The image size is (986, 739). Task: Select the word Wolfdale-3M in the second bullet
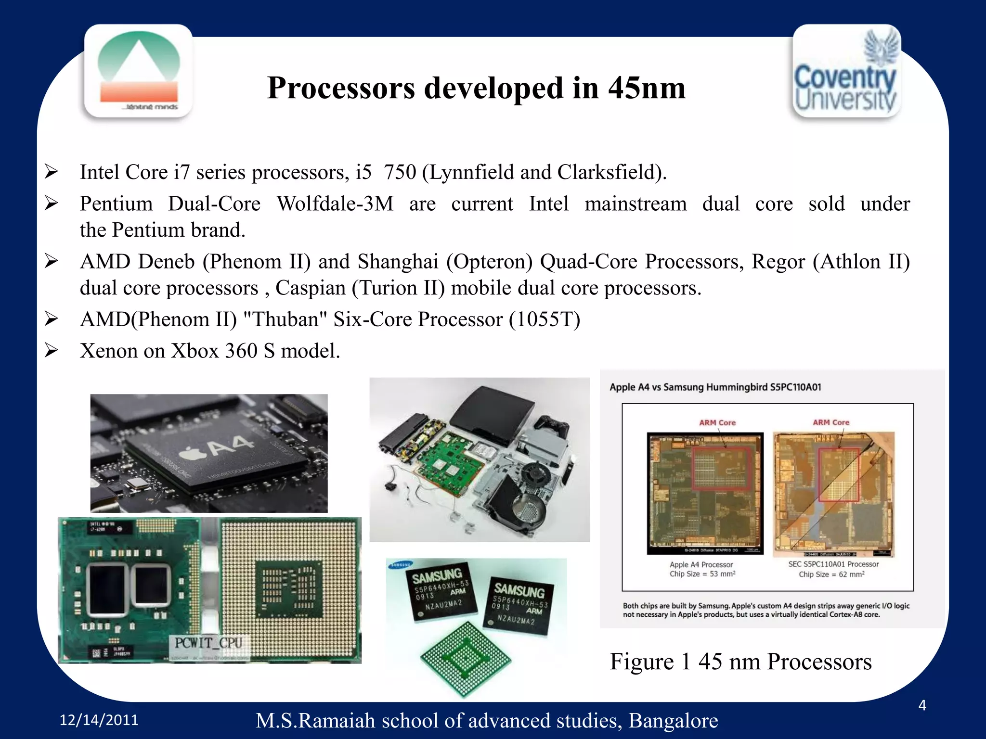point(335,204)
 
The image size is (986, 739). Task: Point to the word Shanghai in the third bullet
point(398,262)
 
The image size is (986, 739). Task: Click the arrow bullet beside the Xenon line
point(52,350)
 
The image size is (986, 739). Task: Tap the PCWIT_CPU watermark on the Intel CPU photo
point(208,643)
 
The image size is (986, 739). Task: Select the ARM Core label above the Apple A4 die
point(717,422)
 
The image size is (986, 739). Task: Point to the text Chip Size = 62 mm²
point(831,574)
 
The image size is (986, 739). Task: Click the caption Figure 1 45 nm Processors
point(740,662)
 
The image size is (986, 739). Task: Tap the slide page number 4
point(922,705)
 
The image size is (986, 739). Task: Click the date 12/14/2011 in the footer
point(99,720)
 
